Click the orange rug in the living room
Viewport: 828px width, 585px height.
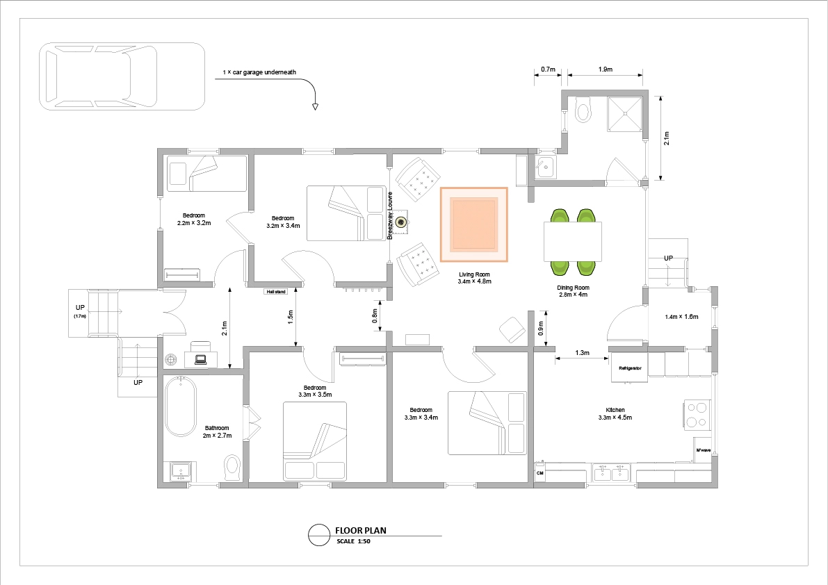pyautogui.click(x=473, y=224)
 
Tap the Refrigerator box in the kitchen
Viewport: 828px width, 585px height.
pyautogui.click(x=629, y=368)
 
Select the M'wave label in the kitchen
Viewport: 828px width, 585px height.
pyautogui.click(x=704, y=450)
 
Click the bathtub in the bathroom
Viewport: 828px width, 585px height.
pyautogui.click(x=181, y=406)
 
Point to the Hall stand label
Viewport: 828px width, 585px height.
pyautogui.click(x=275, y=292)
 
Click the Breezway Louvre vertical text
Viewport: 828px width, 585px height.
pyautogui.click(x=390, y=216)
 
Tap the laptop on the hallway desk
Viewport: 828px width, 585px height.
pyautogui.click(x=201, y=360)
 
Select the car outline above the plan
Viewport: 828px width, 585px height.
pyautogui.click(x=122, y=76)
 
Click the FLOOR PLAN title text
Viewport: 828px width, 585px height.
pyautogui.click(x=361, y=531)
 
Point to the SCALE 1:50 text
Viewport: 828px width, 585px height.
pyautogui.click(x=353, y=541)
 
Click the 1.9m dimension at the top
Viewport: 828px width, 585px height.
pyautogui.click(x=605, y=69)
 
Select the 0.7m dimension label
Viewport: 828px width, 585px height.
pyautogui.click(x=548, y=69)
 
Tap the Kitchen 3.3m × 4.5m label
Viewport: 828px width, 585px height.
pyautogui.click(x=615, y=413)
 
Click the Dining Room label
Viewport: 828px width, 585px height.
pyautogui.click(x=573, y=291)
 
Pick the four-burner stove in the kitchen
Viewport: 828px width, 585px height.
pyautogui.click(x=697, y=415)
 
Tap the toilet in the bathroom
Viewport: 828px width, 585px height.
pyautogui.click(x=232, y=467)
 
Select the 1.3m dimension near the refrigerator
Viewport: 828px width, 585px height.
pyautogui.click(x=582, y=353)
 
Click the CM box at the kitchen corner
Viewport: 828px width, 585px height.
pyautogui.click(x=539, y=472)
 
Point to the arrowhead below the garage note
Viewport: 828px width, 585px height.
pyautogui.click(x=315, y=107)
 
